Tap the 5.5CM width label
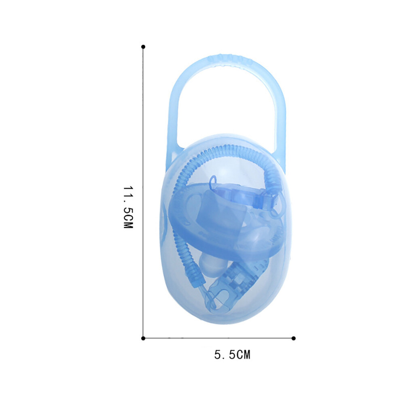pyautogui.click(x=232, y=355)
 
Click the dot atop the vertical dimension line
pyautogui.click(x=143, y=47)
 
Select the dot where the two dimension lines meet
pyautogui.click(x=143, y=338)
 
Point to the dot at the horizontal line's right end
pyautogui.click(x=294, y=338)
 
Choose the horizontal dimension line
pyautogui.click(x=218, y=338)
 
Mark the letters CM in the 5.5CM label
pyautogui.click(x=243, y=355)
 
